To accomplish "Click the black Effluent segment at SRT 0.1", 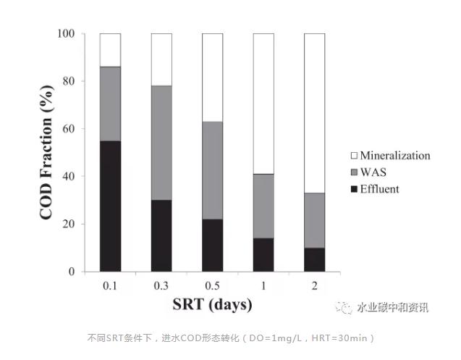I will point(110,206).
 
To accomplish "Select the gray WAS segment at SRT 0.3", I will point(161,143).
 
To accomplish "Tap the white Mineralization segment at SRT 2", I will point(314,113).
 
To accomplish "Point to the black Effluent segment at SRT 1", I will point(263,255).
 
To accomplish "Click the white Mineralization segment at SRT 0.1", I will point(110,50).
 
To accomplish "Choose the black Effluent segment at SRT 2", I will point(314,259).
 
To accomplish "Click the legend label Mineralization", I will point(394,155).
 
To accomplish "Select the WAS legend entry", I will point(372,172).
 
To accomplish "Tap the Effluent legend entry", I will point(379,189).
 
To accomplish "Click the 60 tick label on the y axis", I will point(70,129).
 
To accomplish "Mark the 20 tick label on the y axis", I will point(70,224).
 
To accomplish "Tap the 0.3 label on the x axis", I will point(161,285).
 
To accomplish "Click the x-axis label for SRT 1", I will point(263,285).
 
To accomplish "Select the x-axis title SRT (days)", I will point(211,305).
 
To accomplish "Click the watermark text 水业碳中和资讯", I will point(393,308).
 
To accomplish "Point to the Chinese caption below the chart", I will point(230,338).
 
